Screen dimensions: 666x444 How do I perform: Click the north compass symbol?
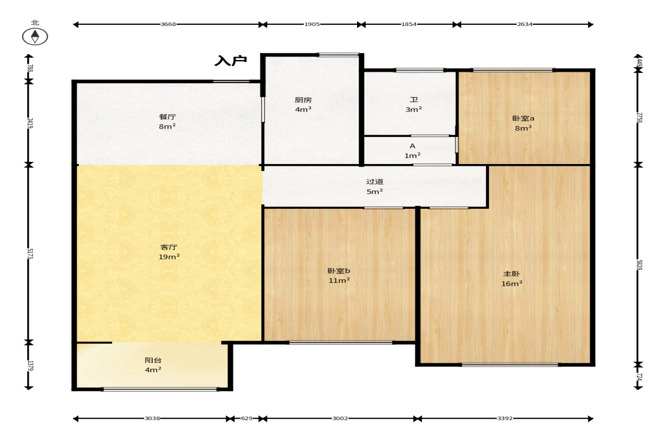pos(35,37)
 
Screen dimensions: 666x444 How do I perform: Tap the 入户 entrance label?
pos(231,61)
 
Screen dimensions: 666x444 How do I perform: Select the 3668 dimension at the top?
pos(168,25)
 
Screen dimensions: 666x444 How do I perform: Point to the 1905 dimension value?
pos(312,25)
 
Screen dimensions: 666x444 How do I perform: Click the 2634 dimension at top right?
pos(525,25)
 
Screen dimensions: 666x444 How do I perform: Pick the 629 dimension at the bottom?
pos(247,419)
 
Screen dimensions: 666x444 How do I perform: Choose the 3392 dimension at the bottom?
pos(505,419)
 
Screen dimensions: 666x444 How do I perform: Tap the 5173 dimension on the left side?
pos(30,254)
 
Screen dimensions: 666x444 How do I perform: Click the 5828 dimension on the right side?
pos(639,265)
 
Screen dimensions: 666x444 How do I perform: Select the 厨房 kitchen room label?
pos(303,100)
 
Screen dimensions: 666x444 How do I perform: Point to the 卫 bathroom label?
pos(414,100)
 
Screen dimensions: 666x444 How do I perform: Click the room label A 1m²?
pos(413,150)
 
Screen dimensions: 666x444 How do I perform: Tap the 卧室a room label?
pos(523,118)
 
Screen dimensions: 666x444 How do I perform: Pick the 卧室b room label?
pos(339,271)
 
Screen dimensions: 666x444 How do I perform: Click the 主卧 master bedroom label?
pos(512,274)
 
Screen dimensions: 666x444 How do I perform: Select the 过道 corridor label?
pos(375,182)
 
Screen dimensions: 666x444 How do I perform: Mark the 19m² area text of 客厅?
pos(169,257)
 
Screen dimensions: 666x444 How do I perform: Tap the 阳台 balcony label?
pos(153,360)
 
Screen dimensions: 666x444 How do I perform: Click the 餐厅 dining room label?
pos(167,117)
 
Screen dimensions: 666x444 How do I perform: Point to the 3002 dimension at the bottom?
pos(340,419)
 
